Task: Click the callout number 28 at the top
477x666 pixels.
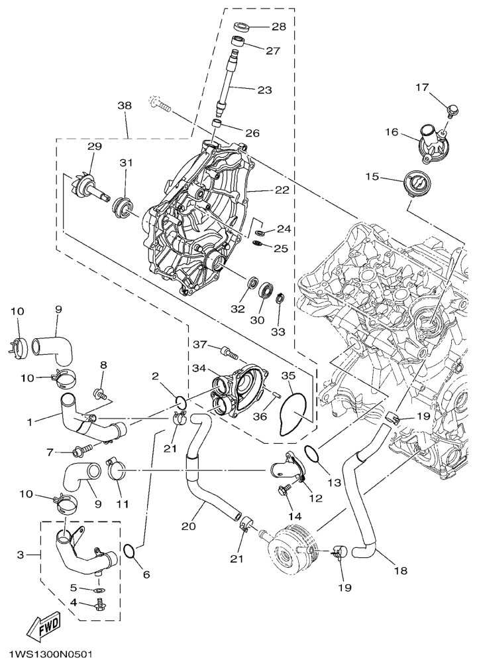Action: pyautogui.click(x=278, y=27)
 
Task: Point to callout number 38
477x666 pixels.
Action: pyautogui.click(x=125, y=105)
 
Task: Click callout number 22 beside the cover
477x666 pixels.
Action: pyautogui.click(x=282, y=190)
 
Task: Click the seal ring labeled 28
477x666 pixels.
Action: pyautogui.click(x=242, y=27)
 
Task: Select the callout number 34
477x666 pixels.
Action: pyautogui.click(x=198, y=367)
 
